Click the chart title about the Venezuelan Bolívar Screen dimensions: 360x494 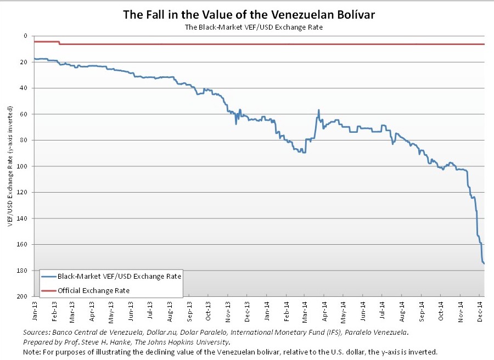(249, 15)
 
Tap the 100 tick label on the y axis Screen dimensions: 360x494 (23, 166)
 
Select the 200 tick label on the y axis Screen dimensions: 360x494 (23, 297)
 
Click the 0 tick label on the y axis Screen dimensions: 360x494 (26, 36)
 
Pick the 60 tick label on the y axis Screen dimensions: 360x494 (24, 114)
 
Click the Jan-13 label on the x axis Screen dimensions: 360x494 (35, 311)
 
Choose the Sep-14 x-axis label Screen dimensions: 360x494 (422, 311)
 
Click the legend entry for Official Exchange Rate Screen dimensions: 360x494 (94, 290)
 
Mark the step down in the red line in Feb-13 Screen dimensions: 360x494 (59, 43)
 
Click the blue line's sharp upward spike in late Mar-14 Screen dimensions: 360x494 (318, 110)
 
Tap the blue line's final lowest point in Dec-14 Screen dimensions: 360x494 (484, 263)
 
